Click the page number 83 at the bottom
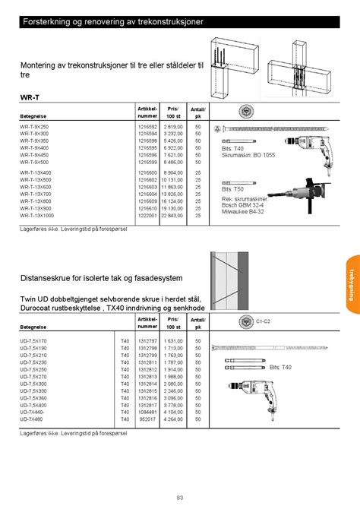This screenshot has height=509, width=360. [x=180, y=498]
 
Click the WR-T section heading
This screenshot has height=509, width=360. [x=30, y=98]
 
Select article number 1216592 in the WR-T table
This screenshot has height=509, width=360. [x=147, y=127]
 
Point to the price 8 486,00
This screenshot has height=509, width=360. [x=172, y=162]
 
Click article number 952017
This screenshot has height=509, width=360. [x=148, y=419]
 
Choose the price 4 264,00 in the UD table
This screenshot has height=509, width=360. [x=173, y=419]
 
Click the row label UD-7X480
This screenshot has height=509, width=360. [x=32, y=419]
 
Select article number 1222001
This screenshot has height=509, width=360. [x=147, y=215]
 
